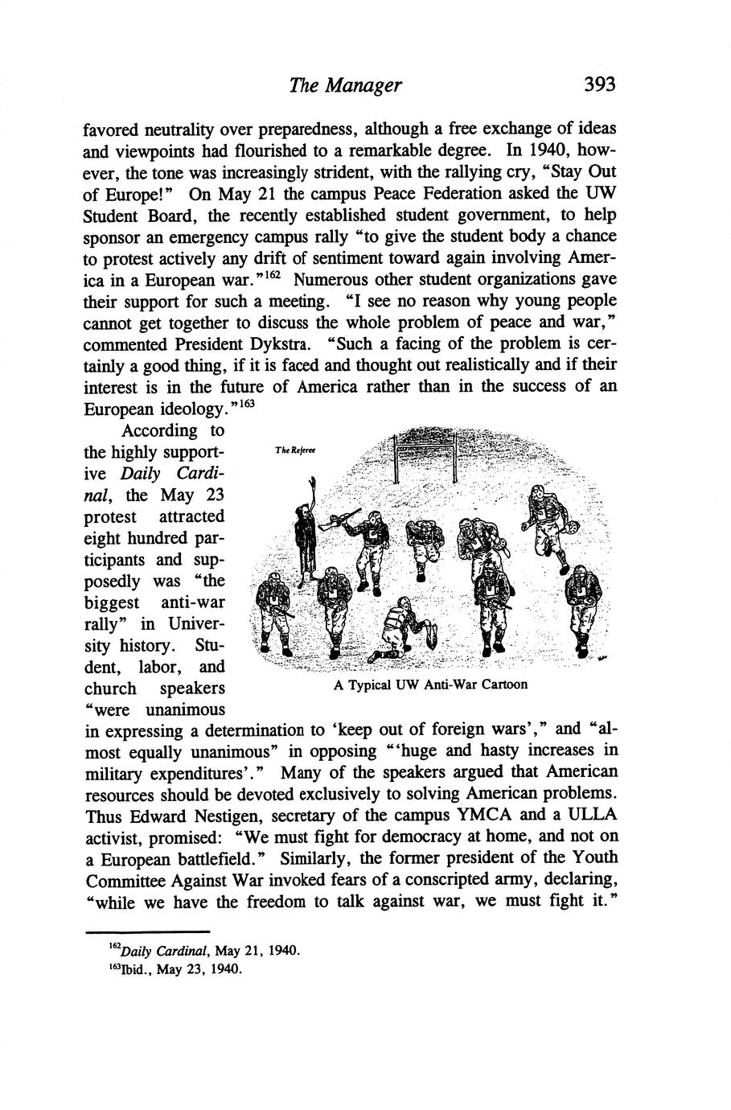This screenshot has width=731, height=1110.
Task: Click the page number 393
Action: point(599,84)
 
